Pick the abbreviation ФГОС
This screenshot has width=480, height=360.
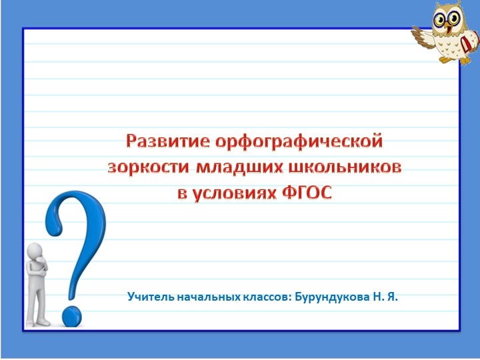tap(307, 193)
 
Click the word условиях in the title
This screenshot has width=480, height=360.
tap(237, 193)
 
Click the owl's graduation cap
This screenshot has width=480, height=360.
tap(453, 6)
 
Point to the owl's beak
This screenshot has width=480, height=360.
tap(448, 27)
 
